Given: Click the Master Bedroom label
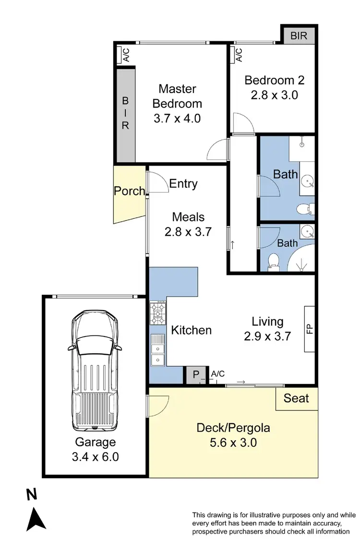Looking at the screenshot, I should coord(177,96).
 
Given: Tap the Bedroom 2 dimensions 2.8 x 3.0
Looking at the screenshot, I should coord(274,95).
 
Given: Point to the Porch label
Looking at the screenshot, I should coord(129,191).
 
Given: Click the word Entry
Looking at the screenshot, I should coord(183,184).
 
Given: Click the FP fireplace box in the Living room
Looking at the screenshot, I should coord(310,329).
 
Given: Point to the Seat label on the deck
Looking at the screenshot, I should coord(296,398).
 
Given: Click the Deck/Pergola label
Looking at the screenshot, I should coord(233,427).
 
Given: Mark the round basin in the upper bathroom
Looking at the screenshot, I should coord(307,182).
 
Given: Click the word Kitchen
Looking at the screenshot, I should coord(192,330).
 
